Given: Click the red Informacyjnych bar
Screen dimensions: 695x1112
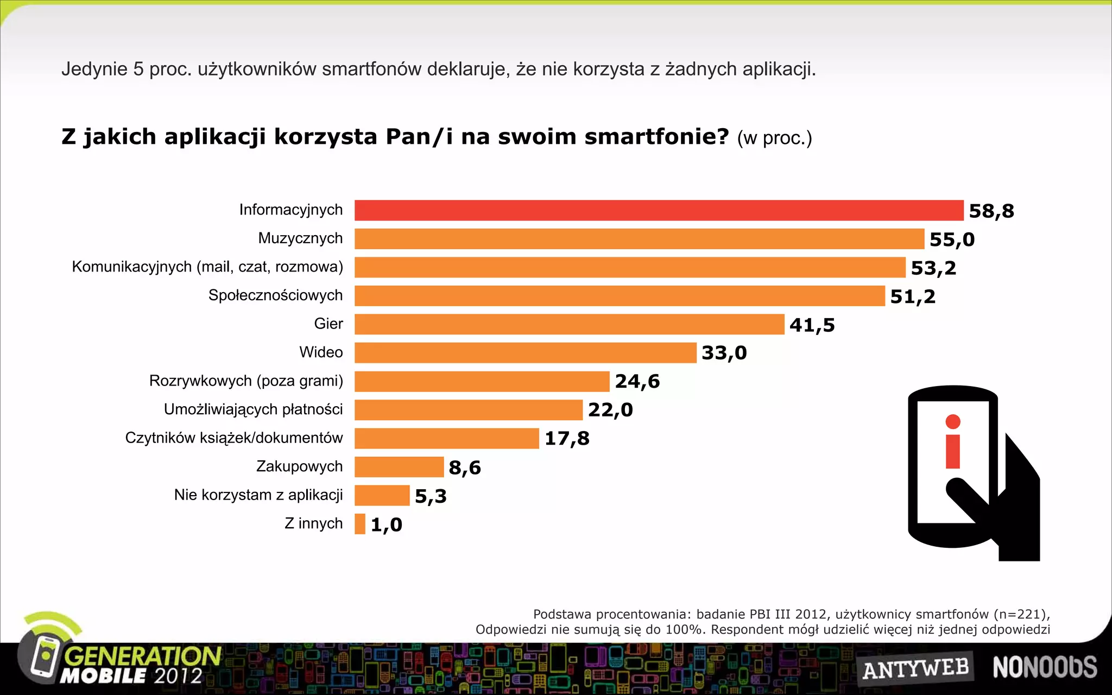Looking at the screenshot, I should point(659,210).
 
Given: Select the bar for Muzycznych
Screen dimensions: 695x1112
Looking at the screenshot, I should point(639,239).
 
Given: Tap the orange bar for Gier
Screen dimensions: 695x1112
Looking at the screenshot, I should point(569,324).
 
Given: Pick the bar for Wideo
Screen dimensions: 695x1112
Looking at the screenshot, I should point(525,352).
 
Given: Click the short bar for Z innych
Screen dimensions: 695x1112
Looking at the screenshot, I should point(360,524).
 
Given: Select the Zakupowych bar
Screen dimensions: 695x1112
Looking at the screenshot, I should point(399,467).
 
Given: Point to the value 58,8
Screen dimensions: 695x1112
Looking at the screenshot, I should point(991,211).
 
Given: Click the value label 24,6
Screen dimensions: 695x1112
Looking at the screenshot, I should point(637,382).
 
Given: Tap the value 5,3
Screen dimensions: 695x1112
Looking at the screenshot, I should point(431,496).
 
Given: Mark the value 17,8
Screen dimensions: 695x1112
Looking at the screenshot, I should point(567,439).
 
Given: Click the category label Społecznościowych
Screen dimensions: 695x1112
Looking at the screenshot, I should point(275,295).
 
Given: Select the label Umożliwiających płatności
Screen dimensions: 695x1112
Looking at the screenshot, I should point(253,409).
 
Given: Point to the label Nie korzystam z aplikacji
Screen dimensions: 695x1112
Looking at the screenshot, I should point(258,495).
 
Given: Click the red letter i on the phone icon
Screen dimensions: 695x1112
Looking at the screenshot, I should point(953,443).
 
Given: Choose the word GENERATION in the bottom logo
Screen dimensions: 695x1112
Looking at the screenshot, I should point(142,656).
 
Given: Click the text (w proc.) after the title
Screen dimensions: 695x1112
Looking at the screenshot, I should point(774,138).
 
